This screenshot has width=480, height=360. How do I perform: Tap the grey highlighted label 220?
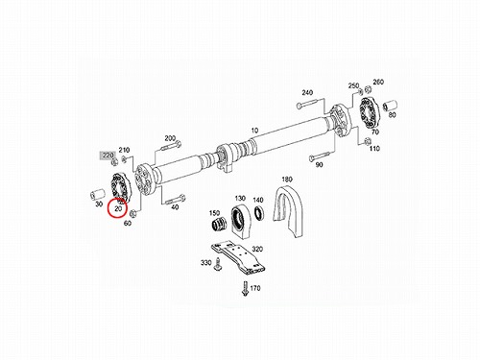[108, 156]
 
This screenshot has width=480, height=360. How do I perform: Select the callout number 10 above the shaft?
[254, 131]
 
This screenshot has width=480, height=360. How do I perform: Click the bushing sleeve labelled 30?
[97, 194]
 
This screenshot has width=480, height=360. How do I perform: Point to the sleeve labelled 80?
[390, 106]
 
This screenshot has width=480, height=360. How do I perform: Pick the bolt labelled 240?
[306, 104]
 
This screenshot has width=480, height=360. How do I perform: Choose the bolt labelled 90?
[320, 156]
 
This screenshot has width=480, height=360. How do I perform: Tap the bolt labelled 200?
[170, 146]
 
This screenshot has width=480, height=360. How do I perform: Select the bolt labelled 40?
[175, 200]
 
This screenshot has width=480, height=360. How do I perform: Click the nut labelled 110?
[368, 141]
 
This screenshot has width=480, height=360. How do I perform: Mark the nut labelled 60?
[133, 213]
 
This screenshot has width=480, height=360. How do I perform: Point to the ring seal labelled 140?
[258, 212]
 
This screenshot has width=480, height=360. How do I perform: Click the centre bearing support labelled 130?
[242, 221]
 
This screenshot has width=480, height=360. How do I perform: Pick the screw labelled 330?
[218, 265]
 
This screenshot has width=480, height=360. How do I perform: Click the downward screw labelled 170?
[246, 288]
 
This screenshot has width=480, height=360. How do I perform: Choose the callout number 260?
[378, 82]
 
